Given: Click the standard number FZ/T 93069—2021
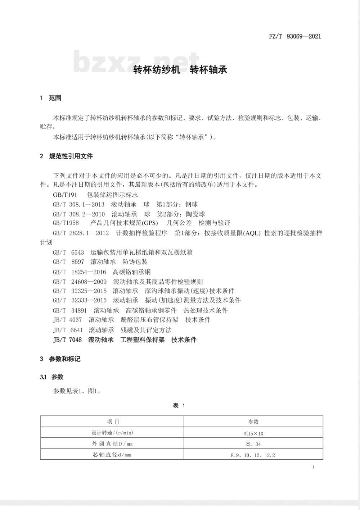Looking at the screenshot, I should tap(295, 36).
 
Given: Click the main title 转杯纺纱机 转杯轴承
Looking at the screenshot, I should tap(180, 70).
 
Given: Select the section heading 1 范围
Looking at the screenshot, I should tap(51, 98).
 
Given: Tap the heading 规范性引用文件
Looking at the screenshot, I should tap(71, 156).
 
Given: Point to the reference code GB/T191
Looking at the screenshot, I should tap(65, 195).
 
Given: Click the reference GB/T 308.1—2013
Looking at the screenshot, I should tap(78, 204).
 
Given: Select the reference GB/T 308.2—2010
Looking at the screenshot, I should tap(78, 214).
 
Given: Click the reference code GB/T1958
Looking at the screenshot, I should tap(66, 223).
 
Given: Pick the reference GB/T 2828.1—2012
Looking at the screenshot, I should tap(81, 233).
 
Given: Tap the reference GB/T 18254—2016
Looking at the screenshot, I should tap(80, 272).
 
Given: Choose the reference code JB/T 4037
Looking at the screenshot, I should tap(67, 320).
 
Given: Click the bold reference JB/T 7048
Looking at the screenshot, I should tap(67, 340).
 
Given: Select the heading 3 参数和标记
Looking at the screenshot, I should tap(60, 359).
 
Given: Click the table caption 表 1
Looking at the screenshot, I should tap(179, 406).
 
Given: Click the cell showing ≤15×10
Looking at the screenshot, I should tap(253, 433).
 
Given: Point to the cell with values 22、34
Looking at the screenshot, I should tap(253, 444).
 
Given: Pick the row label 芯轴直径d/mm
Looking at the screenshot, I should tap(112, 455).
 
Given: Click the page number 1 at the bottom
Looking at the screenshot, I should tap(313, 467).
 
